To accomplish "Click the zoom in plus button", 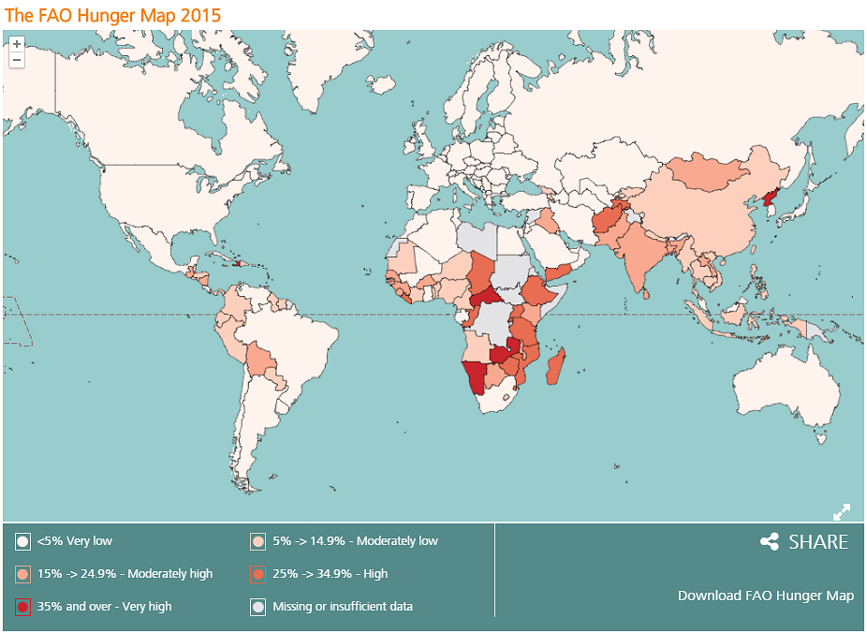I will click(16, 43).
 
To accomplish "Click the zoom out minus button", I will click(16, 60).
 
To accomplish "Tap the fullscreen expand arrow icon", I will click(841, 511).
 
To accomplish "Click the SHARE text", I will click(817, 542).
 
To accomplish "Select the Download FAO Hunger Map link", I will click(765, 596).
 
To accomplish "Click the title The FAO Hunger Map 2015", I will click(113, 16).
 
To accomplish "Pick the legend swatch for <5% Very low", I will click(22, 541).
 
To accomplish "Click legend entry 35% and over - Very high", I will click(104, 607).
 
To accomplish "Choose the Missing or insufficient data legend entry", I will click(342, 607).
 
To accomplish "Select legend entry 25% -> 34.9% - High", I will click(330, 574).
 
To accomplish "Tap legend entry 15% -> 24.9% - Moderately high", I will click(125, 574).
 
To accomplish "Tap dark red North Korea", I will click(771, 199).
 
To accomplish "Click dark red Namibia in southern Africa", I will click(476, 376).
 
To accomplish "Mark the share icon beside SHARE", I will click(770, 542).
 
